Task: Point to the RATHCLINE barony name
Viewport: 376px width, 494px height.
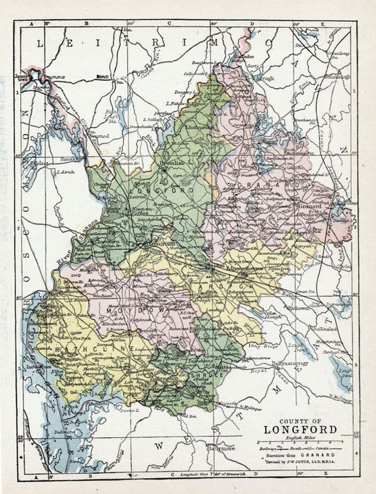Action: [x=83, y=346]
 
